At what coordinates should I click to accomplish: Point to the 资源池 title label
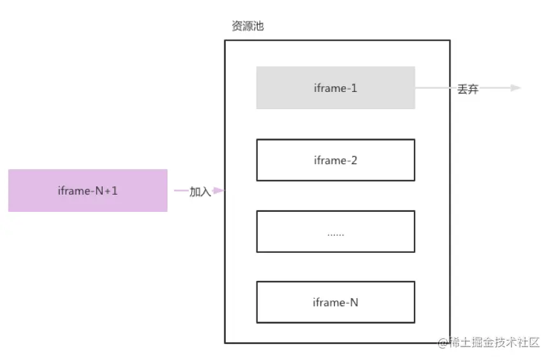(247, 27)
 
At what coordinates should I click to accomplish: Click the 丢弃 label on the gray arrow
(467, 89)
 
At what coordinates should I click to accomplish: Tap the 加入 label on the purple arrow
(200, 191)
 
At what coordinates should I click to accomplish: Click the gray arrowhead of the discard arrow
(516, 88)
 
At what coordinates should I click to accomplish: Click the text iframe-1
(335, 88)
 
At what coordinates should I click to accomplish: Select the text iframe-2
(335, 160)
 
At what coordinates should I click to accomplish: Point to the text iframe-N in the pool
(335, 302)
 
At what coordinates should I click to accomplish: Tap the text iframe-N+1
(87, 190)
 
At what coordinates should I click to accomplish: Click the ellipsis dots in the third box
(335, 234)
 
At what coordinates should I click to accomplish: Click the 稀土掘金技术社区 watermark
(494, 342)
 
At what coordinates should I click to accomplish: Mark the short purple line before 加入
(181, 190)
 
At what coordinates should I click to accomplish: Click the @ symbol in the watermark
(442, 343)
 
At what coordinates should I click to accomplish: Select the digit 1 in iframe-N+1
(115, 190)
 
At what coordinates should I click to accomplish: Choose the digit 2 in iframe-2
(354, 160)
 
